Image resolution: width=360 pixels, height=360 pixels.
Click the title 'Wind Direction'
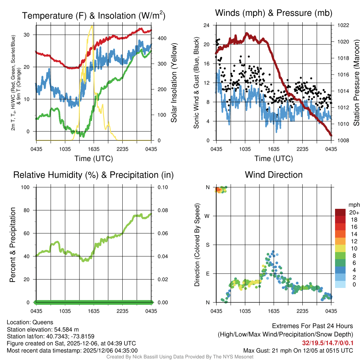tap(274, 175)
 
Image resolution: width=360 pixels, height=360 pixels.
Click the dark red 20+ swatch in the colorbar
tap(341, 212)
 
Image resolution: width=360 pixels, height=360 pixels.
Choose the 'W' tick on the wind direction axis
tap(207, 216)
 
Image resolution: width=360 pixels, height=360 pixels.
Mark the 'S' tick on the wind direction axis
tap(207, 245)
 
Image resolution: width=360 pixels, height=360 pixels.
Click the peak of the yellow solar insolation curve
tap(92, 26)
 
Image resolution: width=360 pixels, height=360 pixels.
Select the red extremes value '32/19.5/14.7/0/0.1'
tap(328, 343)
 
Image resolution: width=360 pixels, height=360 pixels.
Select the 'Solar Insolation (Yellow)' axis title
tap(174, 83)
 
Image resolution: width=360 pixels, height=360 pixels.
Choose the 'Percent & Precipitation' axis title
tap(12, 245)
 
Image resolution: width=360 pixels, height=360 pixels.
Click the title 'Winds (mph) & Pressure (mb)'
tap(274, 13)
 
